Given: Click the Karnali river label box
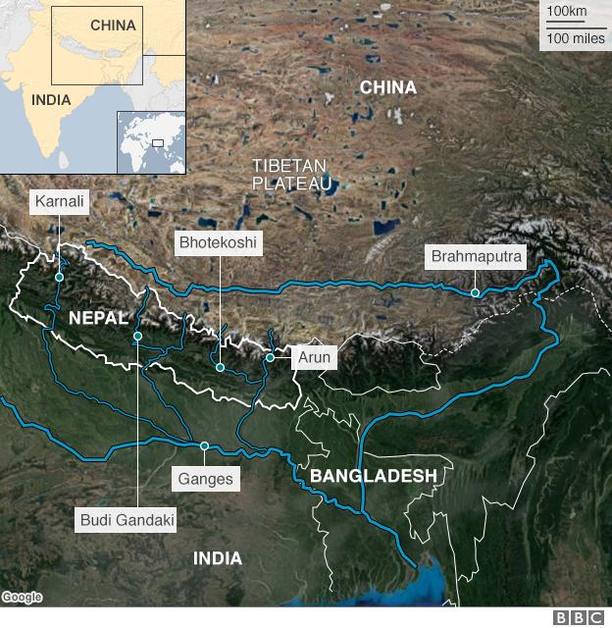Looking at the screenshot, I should coord(60,202).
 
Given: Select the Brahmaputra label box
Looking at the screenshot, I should coord(477,257).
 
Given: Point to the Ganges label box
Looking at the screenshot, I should coord(206,479).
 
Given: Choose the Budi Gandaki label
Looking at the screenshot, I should coord(127,519).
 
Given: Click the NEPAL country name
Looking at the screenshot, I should coord(98,318).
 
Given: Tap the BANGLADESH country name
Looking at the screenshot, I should coord(373,476).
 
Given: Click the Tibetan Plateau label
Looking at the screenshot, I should coord(291,174).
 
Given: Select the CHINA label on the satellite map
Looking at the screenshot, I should coord(387,88).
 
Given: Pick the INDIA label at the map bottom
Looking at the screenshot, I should coord(217,558).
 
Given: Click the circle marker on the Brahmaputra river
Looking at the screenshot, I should coord(475,292).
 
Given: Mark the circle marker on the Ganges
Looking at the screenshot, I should coord(204,446).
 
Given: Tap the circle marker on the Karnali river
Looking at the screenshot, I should coord(60,278).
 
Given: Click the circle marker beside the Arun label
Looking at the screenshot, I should coord(270,357).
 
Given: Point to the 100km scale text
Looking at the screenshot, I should coord(566,11).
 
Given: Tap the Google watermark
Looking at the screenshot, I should coord(22,598).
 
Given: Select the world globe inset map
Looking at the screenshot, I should coord(150,142).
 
